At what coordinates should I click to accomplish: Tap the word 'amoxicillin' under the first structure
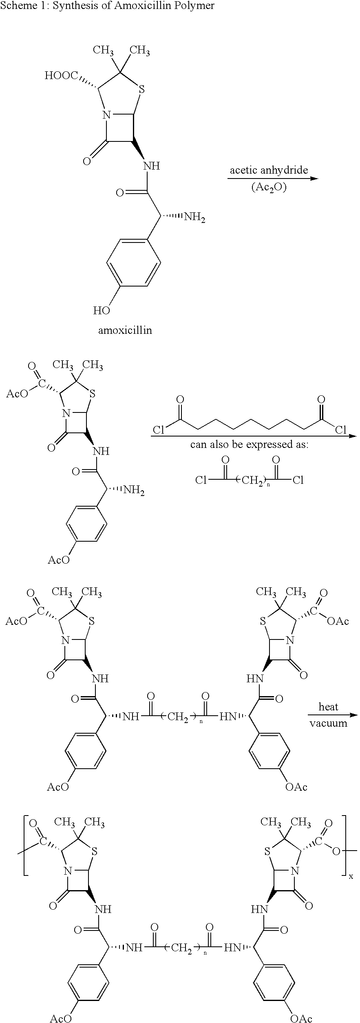(x=125, y=330)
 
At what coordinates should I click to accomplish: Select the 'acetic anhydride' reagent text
(x=269, y=170)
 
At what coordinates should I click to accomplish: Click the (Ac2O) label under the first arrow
(x=269, y=187)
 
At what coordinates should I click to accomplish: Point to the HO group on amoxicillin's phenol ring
(x=102, y=311)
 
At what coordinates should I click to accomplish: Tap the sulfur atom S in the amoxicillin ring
(x=141, y=89)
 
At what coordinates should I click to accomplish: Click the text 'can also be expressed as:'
(x=249, y=445)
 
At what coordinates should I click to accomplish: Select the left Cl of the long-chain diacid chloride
(x=159, y=430)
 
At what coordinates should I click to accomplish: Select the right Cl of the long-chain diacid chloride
(x=340, y=430)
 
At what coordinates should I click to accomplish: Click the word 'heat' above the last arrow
(x=328, y=707)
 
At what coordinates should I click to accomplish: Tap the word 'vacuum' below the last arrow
(x=328, y=723)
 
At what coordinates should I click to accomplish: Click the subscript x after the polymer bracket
(x=351, y=875)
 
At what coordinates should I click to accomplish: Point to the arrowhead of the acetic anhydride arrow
(x=314, y=179)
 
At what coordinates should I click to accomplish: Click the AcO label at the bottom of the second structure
(x=59, y=560)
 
